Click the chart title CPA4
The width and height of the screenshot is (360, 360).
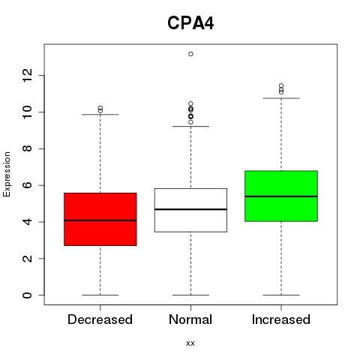tap(190, 23)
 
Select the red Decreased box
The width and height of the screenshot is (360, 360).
tap(100, 219)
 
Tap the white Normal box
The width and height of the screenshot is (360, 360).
tap(190, 210)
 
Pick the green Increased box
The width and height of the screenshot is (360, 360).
tap(281, 196)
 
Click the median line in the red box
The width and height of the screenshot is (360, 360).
tap(100, 220)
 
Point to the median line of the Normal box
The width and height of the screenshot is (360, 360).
tap(190, 209)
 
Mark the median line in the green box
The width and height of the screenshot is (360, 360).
tap(281, 196)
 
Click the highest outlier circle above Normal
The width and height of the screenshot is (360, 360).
tap(190, 54)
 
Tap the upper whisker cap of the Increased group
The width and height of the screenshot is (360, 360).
tap(281, 98)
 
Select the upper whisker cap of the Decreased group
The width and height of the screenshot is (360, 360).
tap(100, 115)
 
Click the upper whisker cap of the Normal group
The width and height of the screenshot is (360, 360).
tap(190, 127)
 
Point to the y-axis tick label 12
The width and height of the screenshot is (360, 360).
tap(27, 75)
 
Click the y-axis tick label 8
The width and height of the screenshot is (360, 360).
tap(27, 148)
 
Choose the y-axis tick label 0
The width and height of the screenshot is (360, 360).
tap(27, 295)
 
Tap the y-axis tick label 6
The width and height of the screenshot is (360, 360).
tap(27, 185)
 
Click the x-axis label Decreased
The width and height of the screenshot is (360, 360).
tap(100, 319)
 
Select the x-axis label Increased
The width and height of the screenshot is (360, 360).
tap(281, 319)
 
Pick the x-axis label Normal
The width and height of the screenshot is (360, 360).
tap(190, 319)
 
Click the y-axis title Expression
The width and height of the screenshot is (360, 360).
tap(7, 174)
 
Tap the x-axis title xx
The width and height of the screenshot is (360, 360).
tap(190, 343)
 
